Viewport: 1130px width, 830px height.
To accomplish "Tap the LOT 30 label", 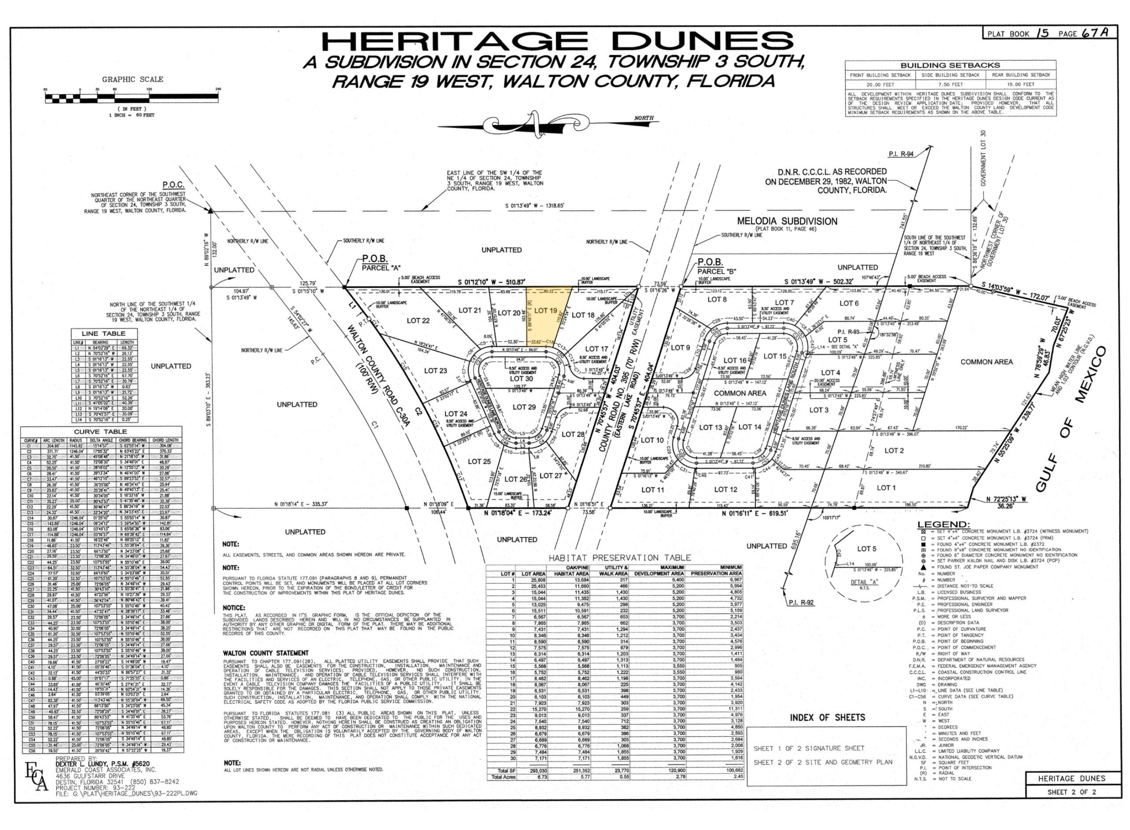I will click(x=521, y=379).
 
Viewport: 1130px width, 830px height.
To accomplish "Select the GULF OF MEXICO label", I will click(x=1070, y=417).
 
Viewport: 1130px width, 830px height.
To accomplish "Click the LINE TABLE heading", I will click(x=103, y=334).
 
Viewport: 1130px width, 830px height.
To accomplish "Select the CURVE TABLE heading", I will click(x=100, y=432).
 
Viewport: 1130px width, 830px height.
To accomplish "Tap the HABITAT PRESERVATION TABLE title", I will click(x=619, y=558).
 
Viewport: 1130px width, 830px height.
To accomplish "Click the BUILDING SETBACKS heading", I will click(x=950, y=65).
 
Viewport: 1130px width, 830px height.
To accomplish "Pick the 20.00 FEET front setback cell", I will click(x=880, y=84).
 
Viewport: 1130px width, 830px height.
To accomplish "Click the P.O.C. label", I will click(x=173, y=185).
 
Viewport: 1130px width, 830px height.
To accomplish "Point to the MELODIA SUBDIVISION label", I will click(x=787, y=221).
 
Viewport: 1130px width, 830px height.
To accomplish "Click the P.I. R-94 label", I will click(x=901, y=154).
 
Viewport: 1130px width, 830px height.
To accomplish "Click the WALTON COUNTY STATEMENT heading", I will click(x=266, y=653).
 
